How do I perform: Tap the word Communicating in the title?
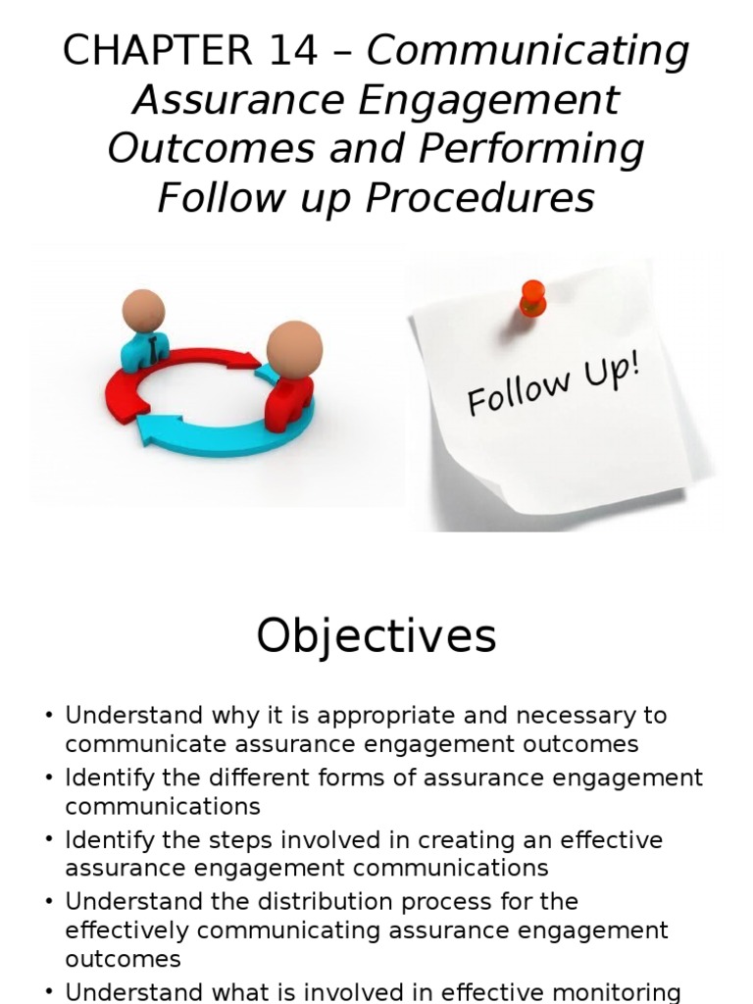pos(527,51)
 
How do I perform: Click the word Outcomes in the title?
pos(210,149)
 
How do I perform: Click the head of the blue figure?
pos(143,310)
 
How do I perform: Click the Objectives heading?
pos(376,637)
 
